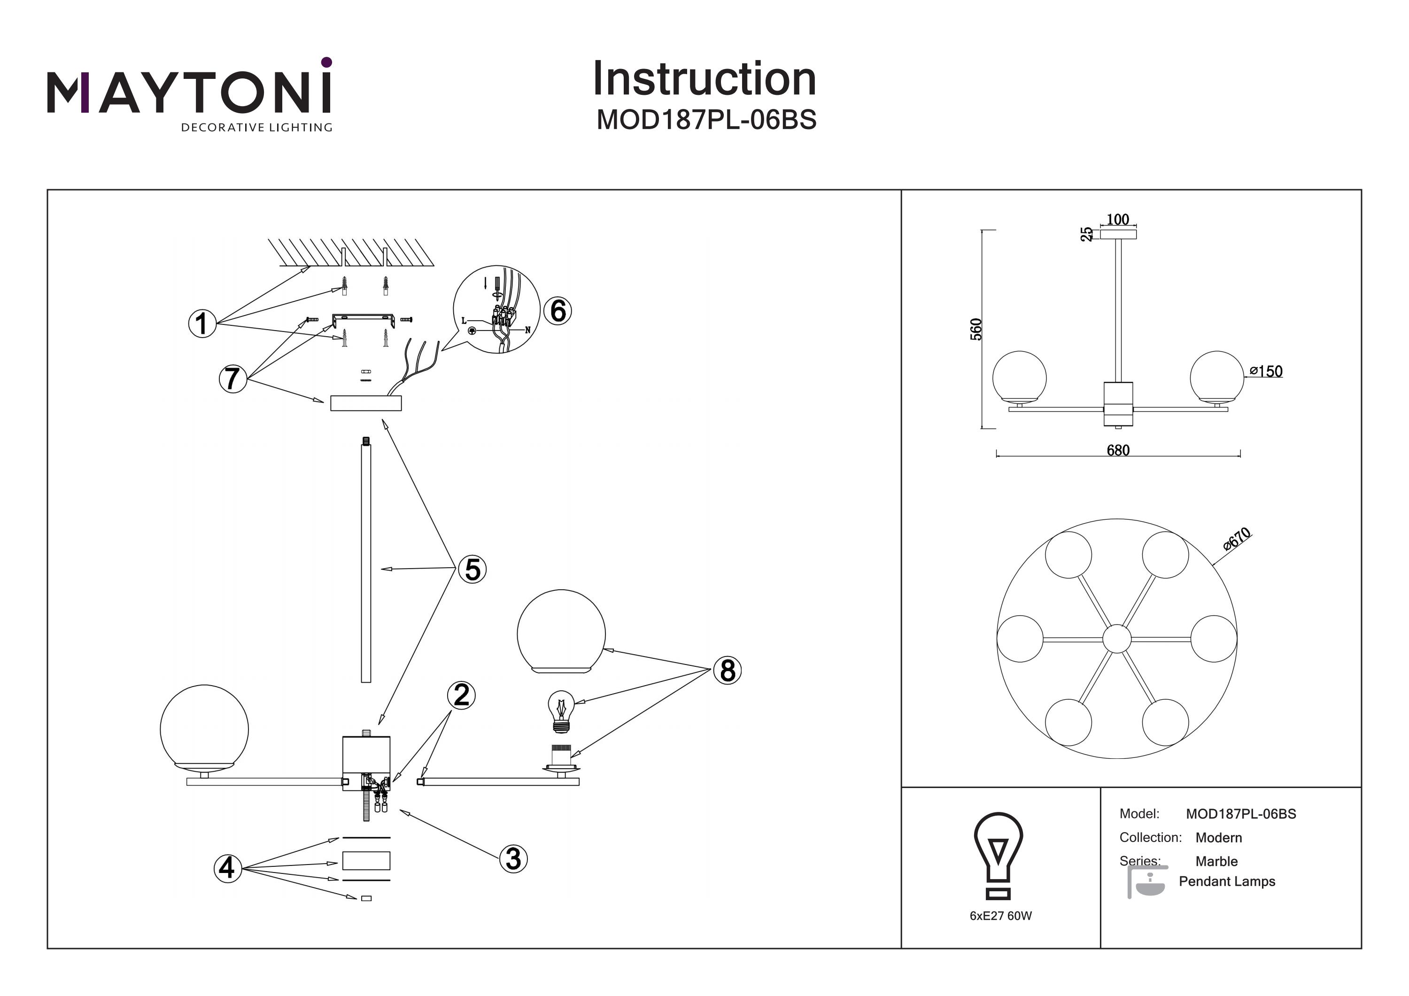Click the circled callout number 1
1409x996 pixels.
coord(202,324)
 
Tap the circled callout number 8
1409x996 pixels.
coord(727,670)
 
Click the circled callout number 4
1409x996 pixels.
coord(227,868)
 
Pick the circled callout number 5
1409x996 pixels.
coord(472,570)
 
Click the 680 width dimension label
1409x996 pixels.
coord(1117,450)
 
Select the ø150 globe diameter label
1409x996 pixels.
coord(1266,371)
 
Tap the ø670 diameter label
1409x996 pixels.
coord(1236,539)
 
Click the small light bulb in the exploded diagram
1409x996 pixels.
coord(560,711)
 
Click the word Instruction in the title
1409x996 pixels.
coord(704,79)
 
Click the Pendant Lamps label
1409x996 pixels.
coord(1227,881)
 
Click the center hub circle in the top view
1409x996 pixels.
coord(1117,639)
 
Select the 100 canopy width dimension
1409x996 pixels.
coord(1117,219)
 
